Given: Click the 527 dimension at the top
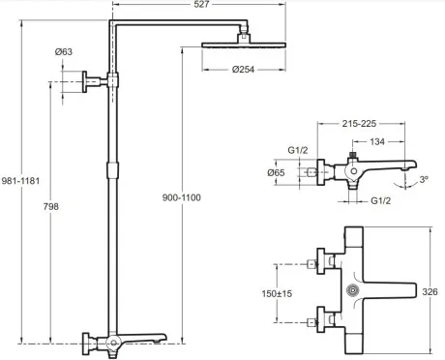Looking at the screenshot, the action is [201, 4].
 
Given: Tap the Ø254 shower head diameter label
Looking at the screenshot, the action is [243, 70].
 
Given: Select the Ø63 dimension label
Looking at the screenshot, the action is [64, 51].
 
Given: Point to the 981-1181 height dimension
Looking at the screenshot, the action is [20, 181].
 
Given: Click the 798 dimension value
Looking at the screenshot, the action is [51, 206].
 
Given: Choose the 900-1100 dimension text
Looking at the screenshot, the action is [182, 197].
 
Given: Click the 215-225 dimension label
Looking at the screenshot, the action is [359, 124].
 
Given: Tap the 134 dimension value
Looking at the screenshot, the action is [377, 141].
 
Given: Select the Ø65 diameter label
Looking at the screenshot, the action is [276, 173].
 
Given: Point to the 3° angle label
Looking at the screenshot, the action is [424, 179].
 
